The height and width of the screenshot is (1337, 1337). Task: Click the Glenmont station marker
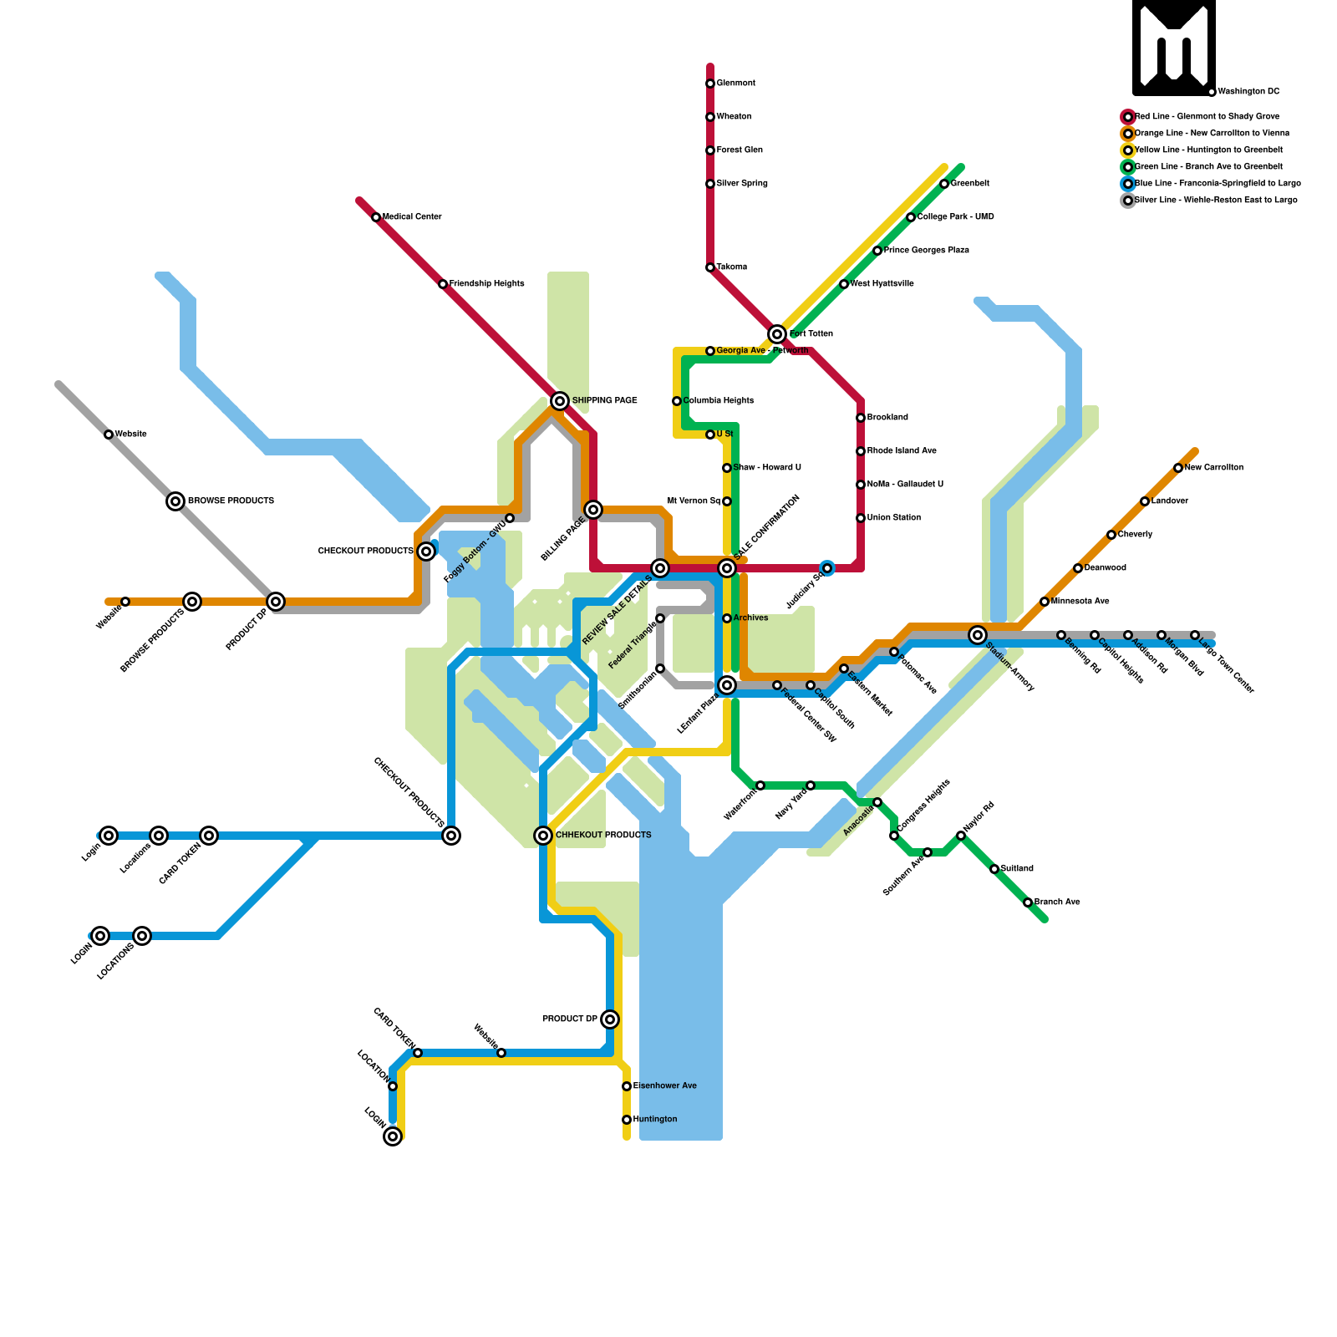pyautogui.click(x=710, y=84)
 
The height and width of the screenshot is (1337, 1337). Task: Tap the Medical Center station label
pyautogui.click(x=412, y=217)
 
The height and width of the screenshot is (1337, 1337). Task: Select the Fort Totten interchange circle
pyautogui.click(x=777, y=334)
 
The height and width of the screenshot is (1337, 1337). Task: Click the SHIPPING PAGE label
pyautogui.click(x=604, y=401)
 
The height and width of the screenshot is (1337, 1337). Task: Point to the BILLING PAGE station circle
pyautogui.click(x=593, y=510)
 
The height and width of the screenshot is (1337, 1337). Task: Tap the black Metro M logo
pyautogui.click(x=1174, y=48)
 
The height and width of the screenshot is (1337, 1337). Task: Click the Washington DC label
pyautogui.click(x=1248, y=92)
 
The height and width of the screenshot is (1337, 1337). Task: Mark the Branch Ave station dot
pyautogui.click(x=1028, y=902)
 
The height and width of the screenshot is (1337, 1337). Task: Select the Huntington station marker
pyautogui.click(x=627, y=1120)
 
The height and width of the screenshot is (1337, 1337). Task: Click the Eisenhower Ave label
pyautogui.click(x=665, y=1086)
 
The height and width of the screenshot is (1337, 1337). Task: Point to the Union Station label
pyautogui.click(x=894, y=518)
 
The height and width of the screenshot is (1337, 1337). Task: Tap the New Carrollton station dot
pyautogui.click(x=1178, y=468)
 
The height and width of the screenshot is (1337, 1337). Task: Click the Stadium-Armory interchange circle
pyautogui.click(x=978, y=635)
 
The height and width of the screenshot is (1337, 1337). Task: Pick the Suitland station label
pyautogui.click(x=1017, y=869)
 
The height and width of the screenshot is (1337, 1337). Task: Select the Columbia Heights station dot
pyautogui.click(x=677, y=401)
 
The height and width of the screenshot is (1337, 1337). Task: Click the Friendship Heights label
pyautogui.click(x=486, y=284)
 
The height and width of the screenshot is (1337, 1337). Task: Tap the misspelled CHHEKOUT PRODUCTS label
pyautogui.click(x=603, y=836)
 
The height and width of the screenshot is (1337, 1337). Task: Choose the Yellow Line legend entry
pyautogui.click(x=1208, y=150)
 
